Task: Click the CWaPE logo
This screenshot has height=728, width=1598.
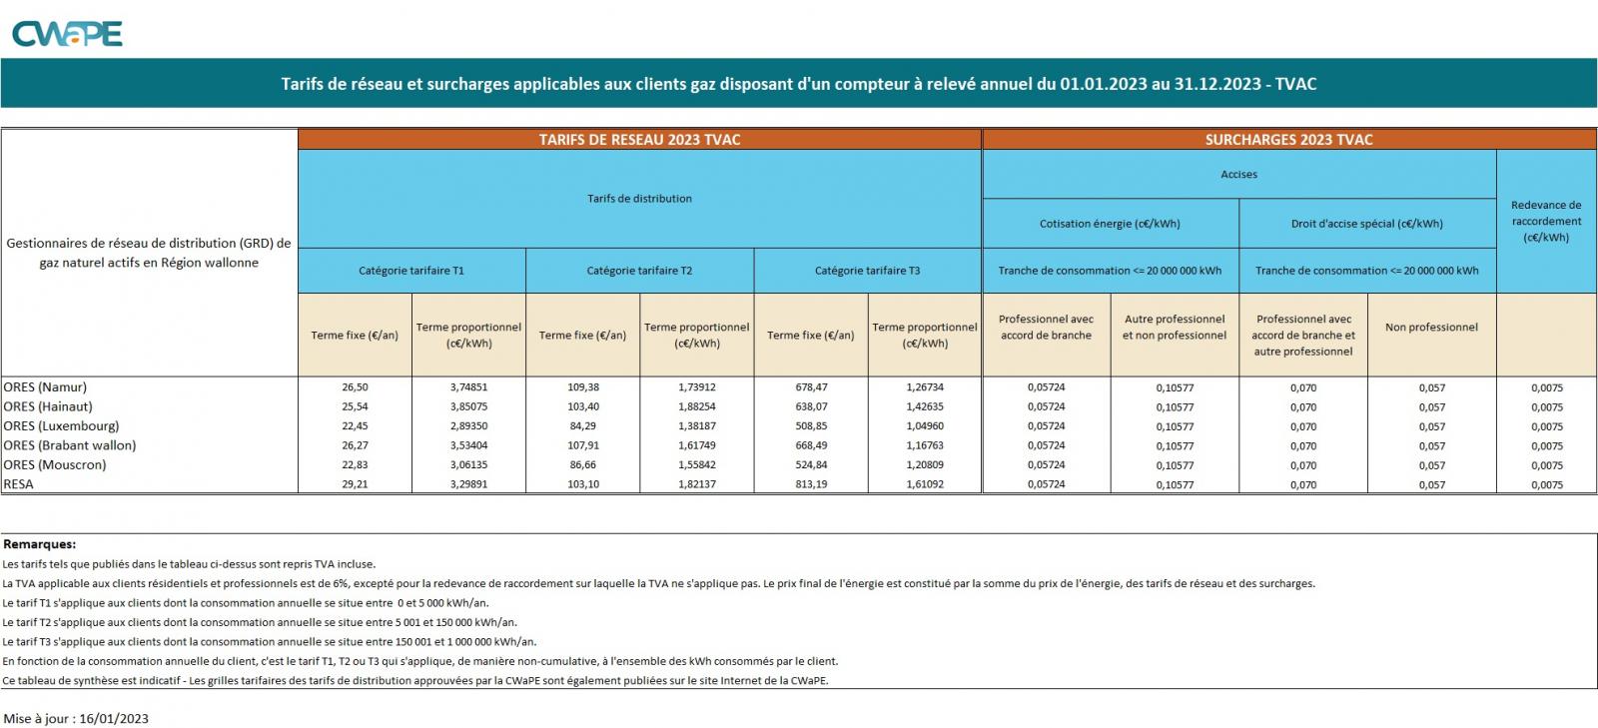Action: coord(67,34)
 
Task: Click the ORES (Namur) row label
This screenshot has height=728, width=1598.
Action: coord(45,387)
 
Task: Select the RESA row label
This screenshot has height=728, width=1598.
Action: coord(19,484)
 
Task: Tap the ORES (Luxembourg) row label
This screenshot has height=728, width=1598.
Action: coord(61,426)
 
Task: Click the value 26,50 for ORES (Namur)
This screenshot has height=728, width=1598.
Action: coord(355,387)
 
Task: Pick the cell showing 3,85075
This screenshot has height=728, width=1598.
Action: coord(468,407)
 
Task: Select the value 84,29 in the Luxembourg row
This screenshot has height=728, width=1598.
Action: coord(582,426)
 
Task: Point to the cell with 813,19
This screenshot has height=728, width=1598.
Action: coord(810,484)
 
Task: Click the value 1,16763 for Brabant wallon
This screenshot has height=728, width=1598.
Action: coord(924,445)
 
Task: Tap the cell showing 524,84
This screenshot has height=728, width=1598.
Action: coord(810,465)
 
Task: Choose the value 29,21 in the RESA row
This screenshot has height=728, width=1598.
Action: coord(355,484)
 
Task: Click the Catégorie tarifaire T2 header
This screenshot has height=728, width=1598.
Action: coord(639,271)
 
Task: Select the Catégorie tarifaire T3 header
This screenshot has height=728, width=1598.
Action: coord(867,271)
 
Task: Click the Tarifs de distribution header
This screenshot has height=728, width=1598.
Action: coord(639,199)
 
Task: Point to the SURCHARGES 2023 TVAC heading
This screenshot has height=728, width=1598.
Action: coord(1288,140)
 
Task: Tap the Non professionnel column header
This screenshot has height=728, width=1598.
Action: coord(1431,328)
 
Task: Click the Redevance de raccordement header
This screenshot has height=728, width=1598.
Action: coord(1546,222)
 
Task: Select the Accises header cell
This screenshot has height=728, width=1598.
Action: coord(1238,175)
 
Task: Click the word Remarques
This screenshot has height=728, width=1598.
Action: coord(40,545)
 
